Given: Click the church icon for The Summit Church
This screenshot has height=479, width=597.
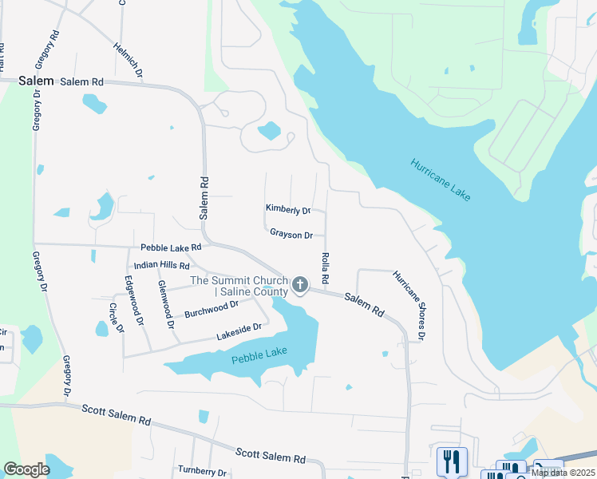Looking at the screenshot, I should click(300, 284).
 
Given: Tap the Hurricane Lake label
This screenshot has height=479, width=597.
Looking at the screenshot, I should click(441, 180).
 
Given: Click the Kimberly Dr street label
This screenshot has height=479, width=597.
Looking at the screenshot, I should click(287, 210).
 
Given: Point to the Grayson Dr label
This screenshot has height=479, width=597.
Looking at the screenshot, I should click(291, 235).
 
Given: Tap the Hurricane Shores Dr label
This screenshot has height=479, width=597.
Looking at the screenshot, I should click(409, 305).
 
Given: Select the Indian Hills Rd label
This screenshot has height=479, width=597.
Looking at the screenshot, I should click(161, 265).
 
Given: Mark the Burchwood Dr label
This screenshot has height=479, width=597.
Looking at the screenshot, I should click(212, 308).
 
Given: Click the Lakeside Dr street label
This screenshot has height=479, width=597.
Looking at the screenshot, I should click(239, 331).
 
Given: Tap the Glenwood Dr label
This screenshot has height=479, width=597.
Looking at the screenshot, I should click(166, 304).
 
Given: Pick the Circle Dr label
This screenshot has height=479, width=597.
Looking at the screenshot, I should click(117, 318).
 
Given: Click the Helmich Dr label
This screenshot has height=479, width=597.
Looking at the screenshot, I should click(128, 60).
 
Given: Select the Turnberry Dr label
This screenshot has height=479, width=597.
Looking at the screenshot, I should click(204, 471).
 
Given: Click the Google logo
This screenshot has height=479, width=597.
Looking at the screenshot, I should click(26, 469).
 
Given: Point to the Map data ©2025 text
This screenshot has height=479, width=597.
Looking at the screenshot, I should click(562, 473).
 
